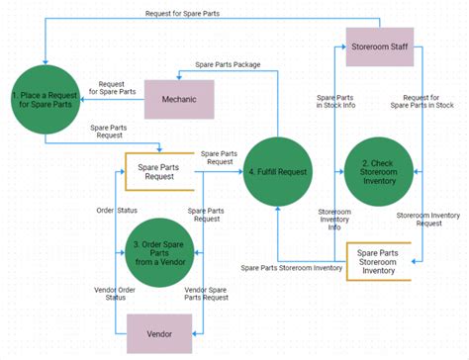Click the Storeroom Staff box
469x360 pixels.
tap(379, 46)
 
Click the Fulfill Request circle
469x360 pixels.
tap(277, 172)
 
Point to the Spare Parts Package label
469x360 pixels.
tap(228, 64)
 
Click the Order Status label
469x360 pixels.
tap(117, 210)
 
